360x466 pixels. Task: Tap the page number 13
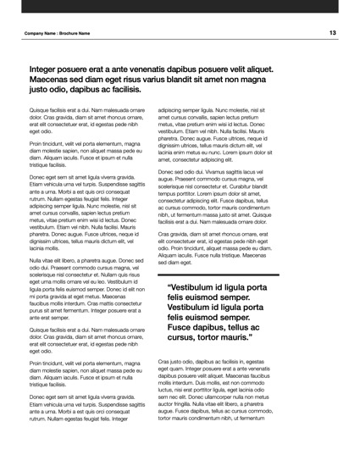pos(333,32)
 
